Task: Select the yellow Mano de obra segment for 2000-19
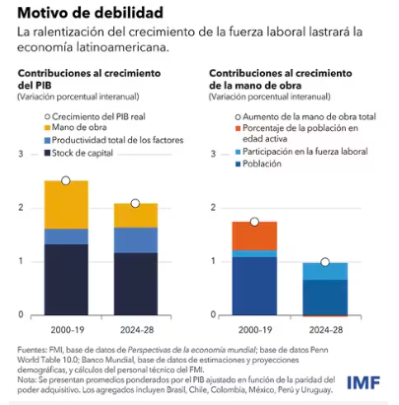click(x=65, y=204)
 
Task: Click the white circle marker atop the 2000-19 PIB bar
click(x=65, y=181)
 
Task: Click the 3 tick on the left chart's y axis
click(x=21, y=155)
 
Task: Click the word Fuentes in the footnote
click(x=33, y=348)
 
